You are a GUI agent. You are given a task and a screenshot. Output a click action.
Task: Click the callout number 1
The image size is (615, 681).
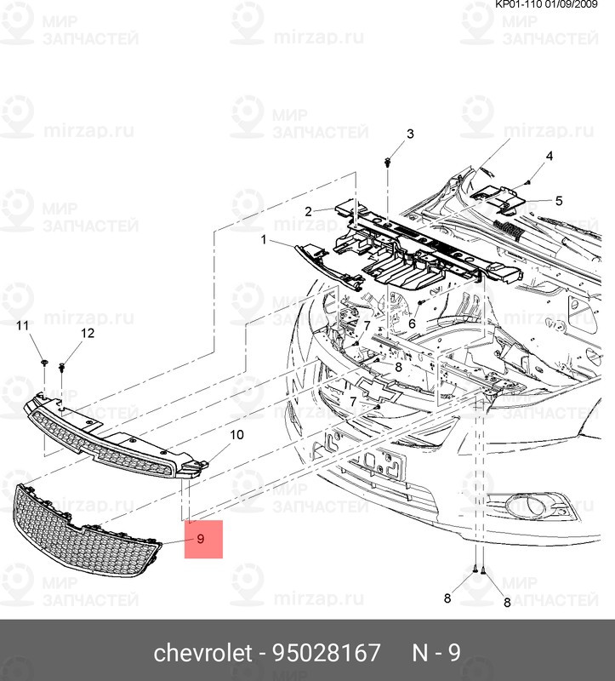click(265, 241)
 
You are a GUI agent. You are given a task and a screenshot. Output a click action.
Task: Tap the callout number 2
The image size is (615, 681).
click(310, 210)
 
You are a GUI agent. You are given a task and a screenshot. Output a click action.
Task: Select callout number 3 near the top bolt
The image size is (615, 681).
click(409, 134)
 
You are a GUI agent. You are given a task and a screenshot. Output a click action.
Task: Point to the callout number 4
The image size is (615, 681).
click(549, 157)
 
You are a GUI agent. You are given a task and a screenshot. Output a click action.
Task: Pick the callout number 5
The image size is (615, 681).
click(559, 201)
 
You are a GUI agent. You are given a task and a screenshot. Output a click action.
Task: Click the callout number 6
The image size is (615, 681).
click(411, 323)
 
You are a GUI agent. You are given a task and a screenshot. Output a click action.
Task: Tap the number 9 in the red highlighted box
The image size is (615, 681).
click(202, 539)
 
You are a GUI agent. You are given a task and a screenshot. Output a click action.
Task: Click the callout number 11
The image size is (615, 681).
click(24, 327)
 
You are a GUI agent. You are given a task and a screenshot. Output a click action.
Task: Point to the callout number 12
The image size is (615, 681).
click(87, 333)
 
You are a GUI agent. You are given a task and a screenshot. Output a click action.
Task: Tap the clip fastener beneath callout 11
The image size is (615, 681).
click(42, 363)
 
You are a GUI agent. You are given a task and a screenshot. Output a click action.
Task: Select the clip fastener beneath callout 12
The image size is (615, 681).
click(63, 367)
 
